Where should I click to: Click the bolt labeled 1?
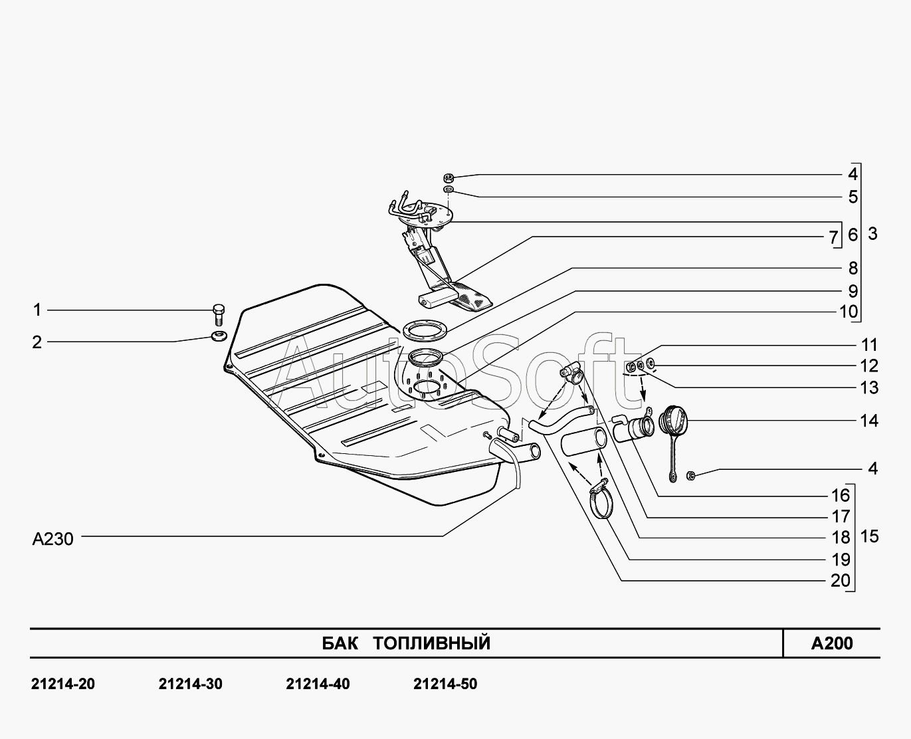click(x=219, y=315)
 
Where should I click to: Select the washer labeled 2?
click(x=219, y=336)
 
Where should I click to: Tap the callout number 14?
click(x=869, y=421)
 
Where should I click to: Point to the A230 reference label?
click(x=53, y=539)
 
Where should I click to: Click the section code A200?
click(x=832, y=643)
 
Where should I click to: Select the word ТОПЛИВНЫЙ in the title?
click(x=431, y=643)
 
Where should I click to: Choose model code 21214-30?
click(x=190, y=685)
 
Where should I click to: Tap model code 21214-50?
click(x=445, y=685)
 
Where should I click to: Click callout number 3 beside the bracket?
click(x=872, y=234)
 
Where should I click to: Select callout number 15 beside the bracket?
click(x=869, y=537)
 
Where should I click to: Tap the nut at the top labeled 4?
click(x=449, y=177)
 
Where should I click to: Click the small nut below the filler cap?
click(x=690, y=475)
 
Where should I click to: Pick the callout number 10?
click(x=849, y=312)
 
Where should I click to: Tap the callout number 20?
click(x=841, y=581)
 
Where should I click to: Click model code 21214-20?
click(x=63, y=685)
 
